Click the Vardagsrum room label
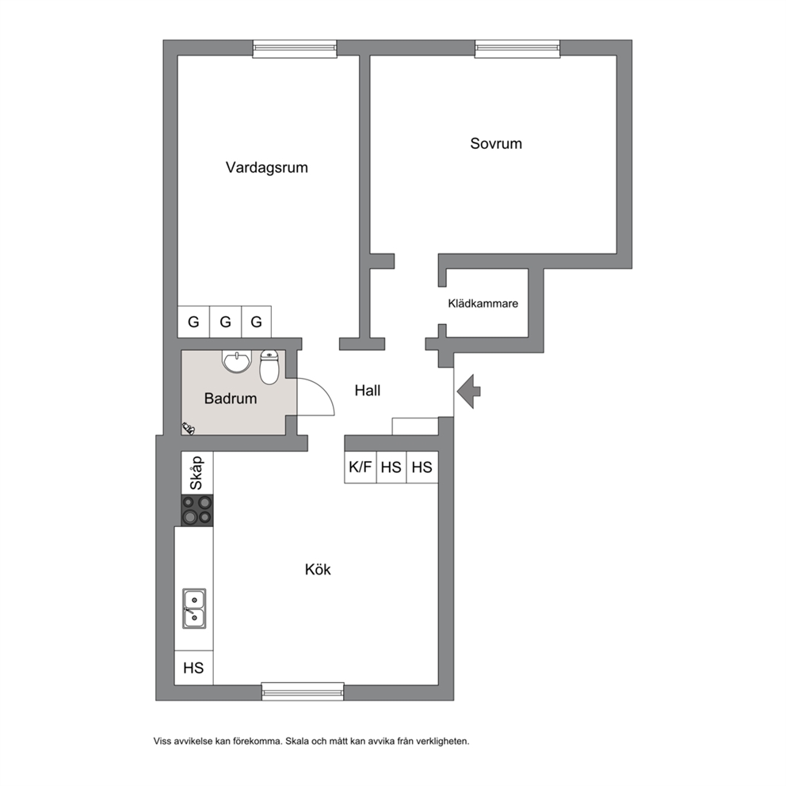coord(267,167)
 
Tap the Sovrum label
coord(496,144)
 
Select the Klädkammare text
coord(483,303)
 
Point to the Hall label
coord(368,391)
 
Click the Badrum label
coord(231,399)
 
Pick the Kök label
coord(318,570)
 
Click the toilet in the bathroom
coord(269,367)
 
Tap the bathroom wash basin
coord(237,361)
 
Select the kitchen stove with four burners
coord(197,510)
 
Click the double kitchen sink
coord(194,609)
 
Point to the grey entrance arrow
coord(469,391)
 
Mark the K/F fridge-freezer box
coord(361,467)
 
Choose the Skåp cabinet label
coord(196,473)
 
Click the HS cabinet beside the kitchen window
coord(193,668)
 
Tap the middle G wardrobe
coord(226,322)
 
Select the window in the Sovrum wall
coord(517,48)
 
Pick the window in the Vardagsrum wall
coord(295,48)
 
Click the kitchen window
coord(303,692)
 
